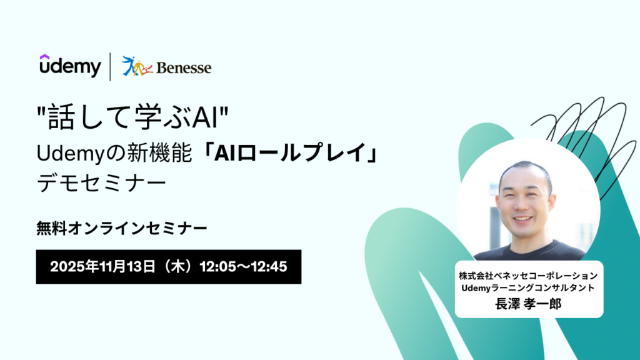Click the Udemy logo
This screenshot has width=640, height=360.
70,66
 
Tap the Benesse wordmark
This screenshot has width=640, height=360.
184,67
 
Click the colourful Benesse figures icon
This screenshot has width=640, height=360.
137,66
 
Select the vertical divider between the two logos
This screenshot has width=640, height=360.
110,66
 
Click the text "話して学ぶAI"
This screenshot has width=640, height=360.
132,117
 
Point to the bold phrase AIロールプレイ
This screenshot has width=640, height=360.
290,153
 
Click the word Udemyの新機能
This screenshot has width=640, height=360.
114,153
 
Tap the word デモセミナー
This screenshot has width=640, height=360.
102,182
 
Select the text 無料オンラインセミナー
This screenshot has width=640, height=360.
122,228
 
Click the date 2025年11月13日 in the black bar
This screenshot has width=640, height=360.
103,267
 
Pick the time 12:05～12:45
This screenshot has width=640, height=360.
243,267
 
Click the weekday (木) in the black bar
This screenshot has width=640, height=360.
177,267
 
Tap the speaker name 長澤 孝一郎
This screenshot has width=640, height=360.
529,304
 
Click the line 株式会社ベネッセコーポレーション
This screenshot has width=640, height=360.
529,276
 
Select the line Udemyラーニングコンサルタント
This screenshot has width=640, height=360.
528,287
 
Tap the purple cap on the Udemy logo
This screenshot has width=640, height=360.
44,57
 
